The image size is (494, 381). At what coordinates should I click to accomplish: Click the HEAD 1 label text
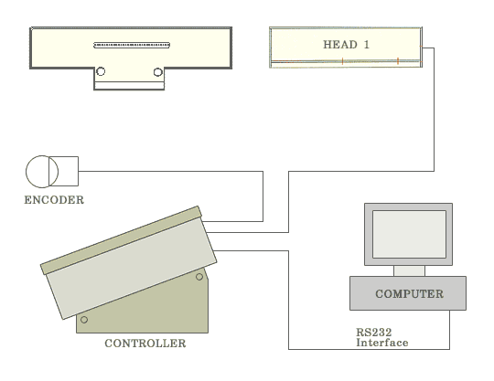[x=346, y=45]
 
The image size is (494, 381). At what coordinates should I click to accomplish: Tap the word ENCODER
[x=54, y=200]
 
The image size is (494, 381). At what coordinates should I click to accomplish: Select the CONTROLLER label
[x=145, y=344]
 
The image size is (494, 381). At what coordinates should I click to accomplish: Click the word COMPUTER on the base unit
[x=409, y=294]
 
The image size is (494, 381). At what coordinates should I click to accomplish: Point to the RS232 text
[x=373, y=333]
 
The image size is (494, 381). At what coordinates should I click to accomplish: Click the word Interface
[x=382, y=343]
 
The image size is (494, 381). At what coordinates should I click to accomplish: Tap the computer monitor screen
[x=409, y=235]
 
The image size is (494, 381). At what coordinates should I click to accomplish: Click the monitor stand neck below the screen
[x=409, y=270]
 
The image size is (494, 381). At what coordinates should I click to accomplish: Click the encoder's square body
[x=64, y=171]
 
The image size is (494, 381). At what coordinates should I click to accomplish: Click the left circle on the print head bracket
[x=101, y=71]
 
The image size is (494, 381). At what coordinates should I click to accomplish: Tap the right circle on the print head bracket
[x=158, y=72]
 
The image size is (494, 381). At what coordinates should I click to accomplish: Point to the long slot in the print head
[x=132, y=46]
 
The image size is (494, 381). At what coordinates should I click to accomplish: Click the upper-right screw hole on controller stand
[x=199, y=277]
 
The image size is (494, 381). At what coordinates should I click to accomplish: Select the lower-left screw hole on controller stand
[x=84, y=320]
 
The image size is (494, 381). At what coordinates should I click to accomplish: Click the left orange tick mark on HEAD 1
[x=342, y=61]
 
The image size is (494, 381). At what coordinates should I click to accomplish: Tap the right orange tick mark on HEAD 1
[x=398, y=61]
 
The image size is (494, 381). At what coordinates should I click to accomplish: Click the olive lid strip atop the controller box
[x=121, y=240]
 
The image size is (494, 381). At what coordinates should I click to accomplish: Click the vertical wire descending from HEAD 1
[x=435, y=110]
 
